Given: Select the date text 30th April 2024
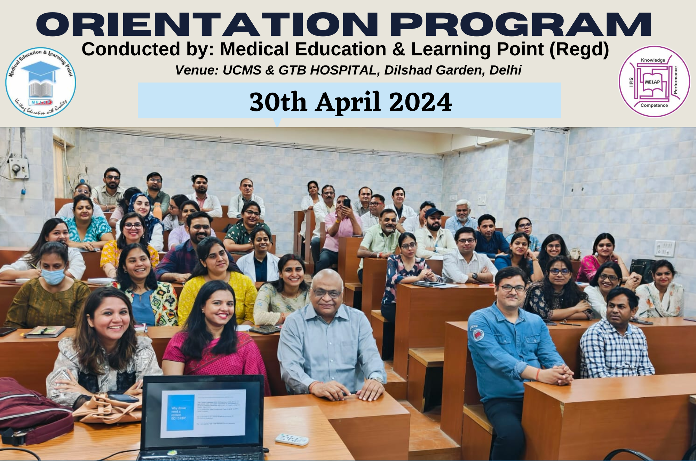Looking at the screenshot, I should click(x=350, y=102).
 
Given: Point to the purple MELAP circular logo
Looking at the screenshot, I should click(x=654, y=82).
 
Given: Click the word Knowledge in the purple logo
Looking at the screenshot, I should click(x=653, y=60).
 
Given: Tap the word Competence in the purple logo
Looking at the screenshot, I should click(x=654, y=105).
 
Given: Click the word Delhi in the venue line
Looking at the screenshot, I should click(x=505, y=70).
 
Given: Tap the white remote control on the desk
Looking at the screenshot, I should click(x=292, y=439).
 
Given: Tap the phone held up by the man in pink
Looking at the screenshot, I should click(x=347, y=203).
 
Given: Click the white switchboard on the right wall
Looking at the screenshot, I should click(x=664, y=248).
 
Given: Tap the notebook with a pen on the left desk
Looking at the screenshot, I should click(x=45, y=331).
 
